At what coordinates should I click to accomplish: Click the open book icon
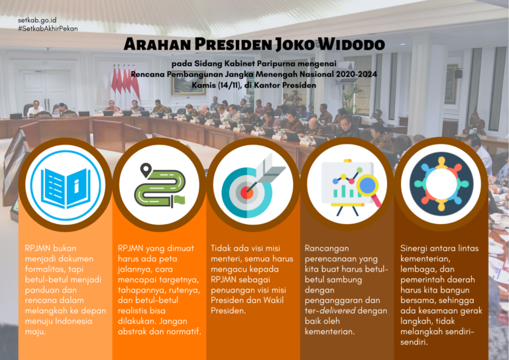coord(65,188)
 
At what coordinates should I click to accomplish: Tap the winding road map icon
coord(160,185)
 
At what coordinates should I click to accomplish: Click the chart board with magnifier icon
coord(351,188)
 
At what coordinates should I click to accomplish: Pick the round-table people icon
coord(441,184)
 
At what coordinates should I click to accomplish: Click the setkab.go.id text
coord(37,21)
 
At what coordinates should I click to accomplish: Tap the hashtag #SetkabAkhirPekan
coord(48,29)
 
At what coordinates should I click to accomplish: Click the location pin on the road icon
coord(146,170)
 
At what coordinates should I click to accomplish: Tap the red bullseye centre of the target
coord(247,193)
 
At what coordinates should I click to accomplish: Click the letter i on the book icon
coord(77,187)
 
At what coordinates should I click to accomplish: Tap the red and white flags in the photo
coord(125,83)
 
